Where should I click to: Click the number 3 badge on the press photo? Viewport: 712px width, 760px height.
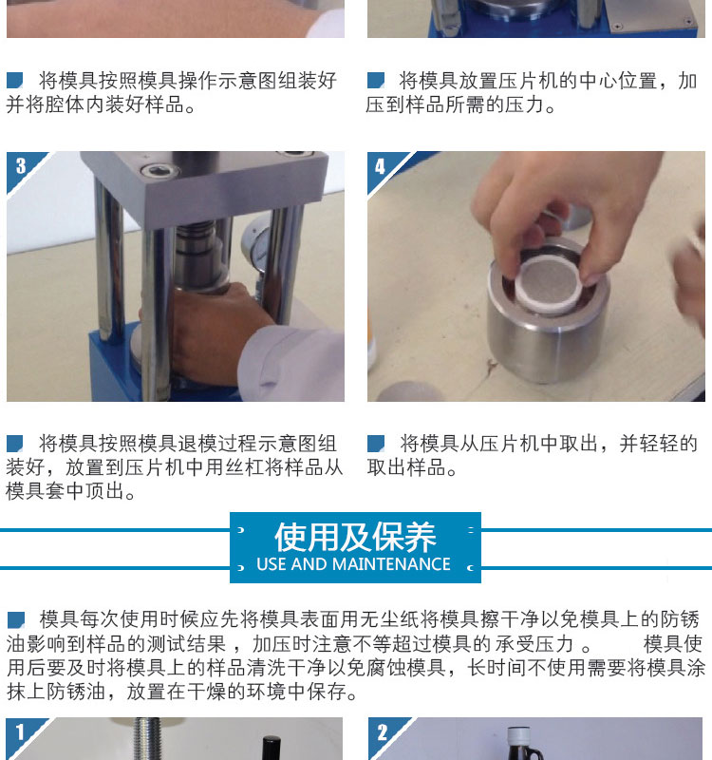tap(20, 166)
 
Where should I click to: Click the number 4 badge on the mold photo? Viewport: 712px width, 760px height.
tap(381, 167)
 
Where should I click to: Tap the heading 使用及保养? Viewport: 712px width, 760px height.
tap(355, 537)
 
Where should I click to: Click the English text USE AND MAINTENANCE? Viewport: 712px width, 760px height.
tap(353, 564)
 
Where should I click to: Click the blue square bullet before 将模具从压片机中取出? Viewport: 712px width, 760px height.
tap(376, 443)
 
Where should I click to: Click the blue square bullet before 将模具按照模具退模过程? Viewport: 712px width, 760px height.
tap(15, 444)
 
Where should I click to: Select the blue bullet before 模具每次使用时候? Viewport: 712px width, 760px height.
tap(16, 620)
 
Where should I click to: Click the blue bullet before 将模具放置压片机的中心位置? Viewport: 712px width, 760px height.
tap(376, 80)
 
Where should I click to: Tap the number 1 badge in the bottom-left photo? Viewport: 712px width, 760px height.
tap(20, 731)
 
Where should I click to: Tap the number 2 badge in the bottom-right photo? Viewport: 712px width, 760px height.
tap(383, 731)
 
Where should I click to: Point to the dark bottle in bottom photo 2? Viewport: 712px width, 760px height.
tap(526, 744)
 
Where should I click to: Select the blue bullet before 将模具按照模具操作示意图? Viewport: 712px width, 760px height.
tap(15, 80)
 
